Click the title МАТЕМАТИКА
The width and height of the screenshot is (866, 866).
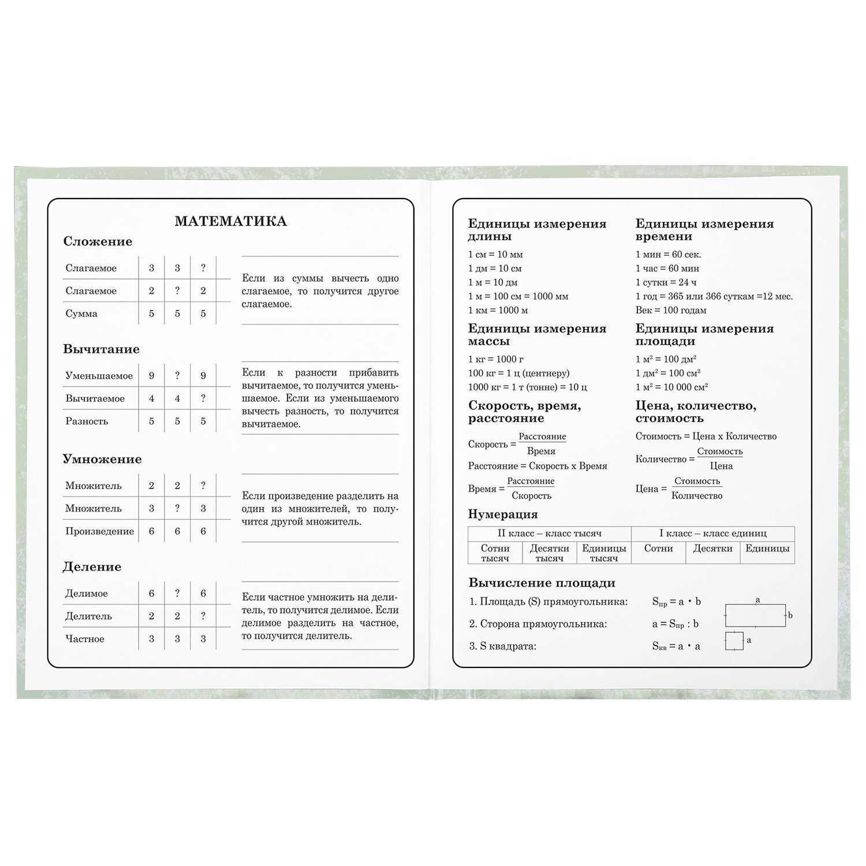pyautogui.click(x=230, y=222)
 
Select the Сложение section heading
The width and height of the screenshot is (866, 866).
pyautogui.click(x=98, y=242)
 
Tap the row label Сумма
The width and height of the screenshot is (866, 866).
pyautogui.click(x=81, y=313)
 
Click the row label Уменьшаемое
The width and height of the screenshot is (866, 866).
pyautogui.click(x=99, y=376)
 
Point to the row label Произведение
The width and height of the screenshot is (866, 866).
pyautogui.click(x=99, y=531)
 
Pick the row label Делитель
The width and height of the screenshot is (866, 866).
pyautogui.click(x=88, y=616)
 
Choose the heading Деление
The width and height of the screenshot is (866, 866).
pyautogui.click(x=92, y=567)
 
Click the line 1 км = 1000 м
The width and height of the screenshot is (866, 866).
pyautogui.click(x=498, y=310)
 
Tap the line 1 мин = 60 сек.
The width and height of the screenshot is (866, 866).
pyautogui.click(x=669, y=254)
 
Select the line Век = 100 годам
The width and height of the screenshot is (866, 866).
pyautogui.click(x=671, y=310)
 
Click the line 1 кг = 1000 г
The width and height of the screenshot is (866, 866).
pyautogui.click(x=496, y=359)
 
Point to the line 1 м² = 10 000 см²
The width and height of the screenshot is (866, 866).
pyautogui.click(x=671, y=387)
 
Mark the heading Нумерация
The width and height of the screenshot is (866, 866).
pyautogui.click(x=503, y=514)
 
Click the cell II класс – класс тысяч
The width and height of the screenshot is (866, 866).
pyautogui.click(x=549, y=533)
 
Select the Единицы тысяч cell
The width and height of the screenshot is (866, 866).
pyautogui.click(x=604, y=553)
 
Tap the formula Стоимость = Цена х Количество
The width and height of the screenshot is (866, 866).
pyautogui.click(x=706, y=436)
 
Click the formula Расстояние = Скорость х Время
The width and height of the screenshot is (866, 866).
pyautogui.click(x=537, y=466)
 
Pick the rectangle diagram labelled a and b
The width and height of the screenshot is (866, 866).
pyautogui.click(x=755, y=615)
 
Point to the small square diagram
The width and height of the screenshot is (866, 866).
pyautogui.click(x=734, y=641)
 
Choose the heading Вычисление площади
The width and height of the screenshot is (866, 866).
pyautogui.click(x=542, y=583)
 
